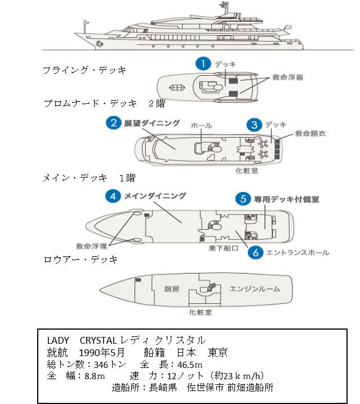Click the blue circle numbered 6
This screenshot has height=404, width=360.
click(x=255, y=253)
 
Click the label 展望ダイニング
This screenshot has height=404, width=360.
click(x=152, y=123)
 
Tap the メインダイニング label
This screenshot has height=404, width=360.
click(x=155, y=196)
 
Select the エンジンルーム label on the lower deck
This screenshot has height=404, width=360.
click(x=255, y=289)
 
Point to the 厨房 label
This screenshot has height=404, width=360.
click(x=171, y=289)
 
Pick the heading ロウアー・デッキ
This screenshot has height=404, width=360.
click(x=81, y=260)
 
